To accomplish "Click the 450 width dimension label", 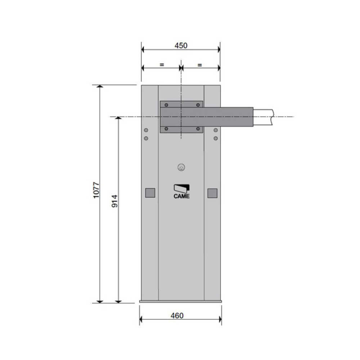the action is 181,45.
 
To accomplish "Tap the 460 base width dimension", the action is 177,315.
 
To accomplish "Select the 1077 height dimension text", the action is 96,190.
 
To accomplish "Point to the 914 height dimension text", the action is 114,201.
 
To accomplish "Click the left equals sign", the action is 162,65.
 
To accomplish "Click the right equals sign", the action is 200,65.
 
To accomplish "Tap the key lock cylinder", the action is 181,167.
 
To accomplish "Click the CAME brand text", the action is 181,196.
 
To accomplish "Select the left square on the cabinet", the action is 150,193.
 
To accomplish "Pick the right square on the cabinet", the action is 212,193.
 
